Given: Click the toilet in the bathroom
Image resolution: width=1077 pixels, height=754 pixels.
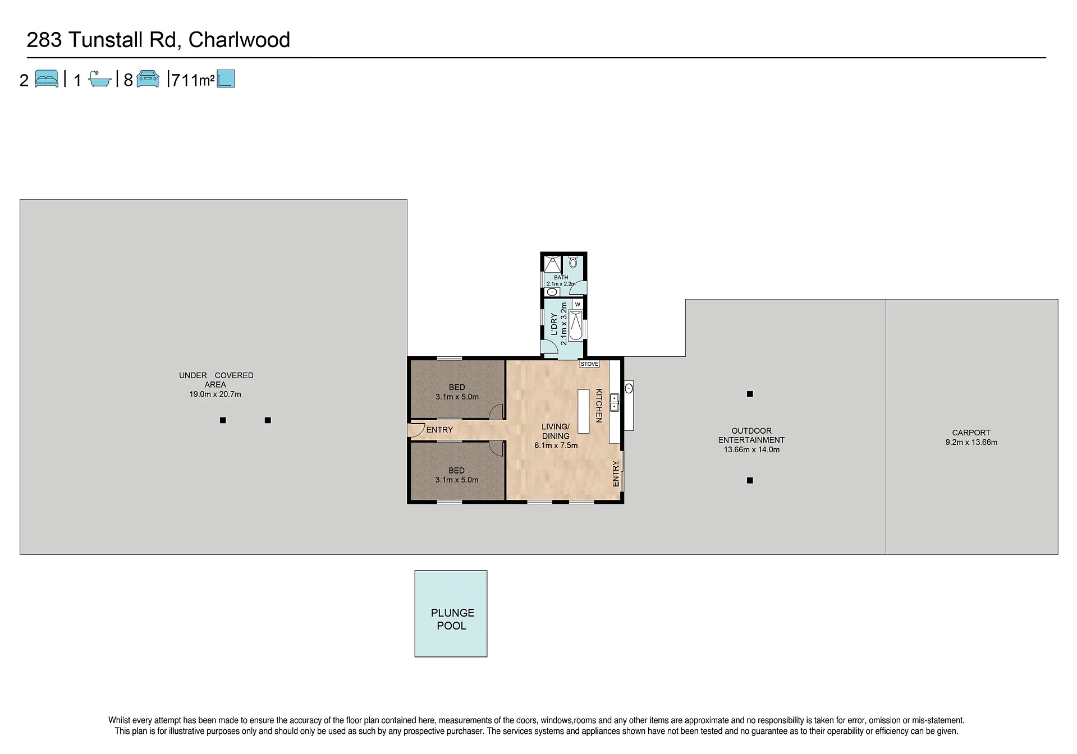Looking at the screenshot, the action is pyautogui.click(x=573, y=262).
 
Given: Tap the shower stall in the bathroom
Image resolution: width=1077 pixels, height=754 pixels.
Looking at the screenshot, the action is pyautogui.click(x=552, y=264).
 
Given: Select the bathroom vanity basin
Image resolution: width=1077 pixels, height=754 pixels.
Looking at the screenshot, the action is pyautogui.click(x=552, y=292).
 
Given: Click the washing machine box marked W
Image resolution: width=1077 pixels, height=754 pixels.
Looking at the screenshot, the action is pyautogui.click(x=578, y=304).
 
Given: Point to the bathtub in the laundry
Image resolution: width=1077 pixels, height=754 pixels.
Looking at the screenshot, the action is pyautogui.click(x=576, y=326).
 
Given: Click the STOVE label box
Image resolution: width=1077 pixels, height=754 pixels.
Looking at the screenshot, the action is pyautogui.click(x=589, y=364).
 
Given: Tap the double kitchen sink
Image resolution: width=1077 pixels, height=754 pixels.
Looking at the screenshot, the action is pyautogui.click(x=615, y=402).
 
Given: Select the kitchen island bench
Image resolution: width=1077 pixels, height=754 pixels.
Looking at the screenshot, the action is pyautogui.click(x=584, y=411).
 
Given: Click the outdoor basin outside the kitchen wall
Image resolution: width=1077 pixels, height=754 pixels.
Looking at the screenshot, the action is pyautogui.click(x=629, y=388).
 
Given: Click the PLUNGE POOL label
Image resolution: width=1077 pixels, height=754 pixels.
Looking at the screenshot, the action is pyautogui.click(x=452, y=619).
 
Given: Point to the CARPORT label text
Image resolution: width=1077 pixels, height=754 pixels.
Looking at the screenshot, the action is pyautogui.click(x=971, y=433).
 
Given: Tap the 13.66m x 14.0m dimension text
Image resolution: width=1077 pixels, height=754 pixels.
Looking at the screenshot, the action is pyautogui.click(x=751, y=449).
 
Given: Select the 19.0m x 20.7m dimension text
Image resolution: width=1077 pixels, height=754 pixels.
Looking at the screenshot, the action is pyautogui.click(x=215, y=394).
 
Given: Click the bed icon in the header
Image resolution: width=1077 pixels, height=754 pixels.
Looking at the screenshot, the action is pyautogui.click(x=46, y=79).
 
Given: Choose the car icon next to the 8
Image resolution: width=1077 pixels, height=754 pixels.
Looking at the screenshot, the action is pyautogui.click(x=148, y=79).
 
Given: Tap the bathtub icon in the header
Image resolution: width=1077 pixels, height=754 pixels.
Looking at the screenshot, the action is pyautogui.click(x=100, y=79).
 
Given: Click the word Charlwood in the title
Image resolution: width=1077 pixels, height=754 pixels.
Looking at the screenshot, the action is pyautogui.click(x=239, y=40).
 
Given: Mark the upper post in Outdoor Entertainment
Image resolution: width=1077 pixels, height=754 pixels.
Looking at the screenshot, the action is pyautogui.click(x=750, y=394).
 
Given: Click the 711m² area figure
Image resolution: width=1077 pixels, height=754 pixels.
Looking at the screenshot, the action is pyautogui.click(x=193, y=80).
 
